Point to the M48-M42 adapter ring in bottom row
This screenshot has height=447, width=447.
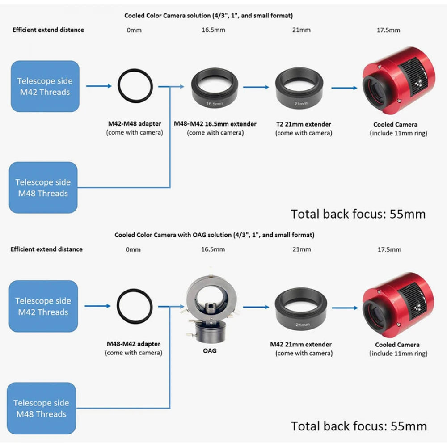pyautogui.click(x=133, y=306)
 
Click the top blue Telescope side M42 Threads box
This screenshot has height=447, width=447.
pyautogui.click(x=45, y=86)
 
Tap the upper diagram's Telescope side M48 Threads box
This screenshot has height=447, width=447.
pyautogui.click(x=43, y=187)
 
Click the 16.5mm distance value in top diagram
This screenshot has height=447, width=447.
pyautogui.click(x=213, y=30)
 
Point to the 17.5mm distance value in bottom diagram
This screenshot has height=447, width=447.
pyautogui.click(x=389, y=249)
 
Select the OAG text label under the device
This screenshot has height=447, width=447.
pyautogui.click(x=209, y=351)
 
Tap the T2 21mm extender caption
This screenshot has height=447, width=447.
pyautogui.click(x=304, y=124)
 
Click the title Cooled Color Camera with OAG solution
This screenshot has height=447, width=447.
pyautogui.click(x=214, y=235)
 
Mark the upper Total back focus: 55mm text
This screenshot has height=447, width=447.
pyautogui.click(x=358, y=214)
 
